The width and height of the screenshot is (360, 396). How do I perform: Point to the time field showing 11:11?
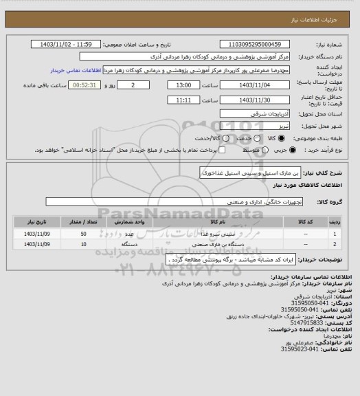point(183,100)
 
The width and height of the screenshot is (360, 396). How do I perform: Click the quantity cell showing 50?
point(83,234)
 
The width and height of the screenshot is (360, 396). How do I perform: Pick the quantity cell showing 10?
point(83,245)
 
